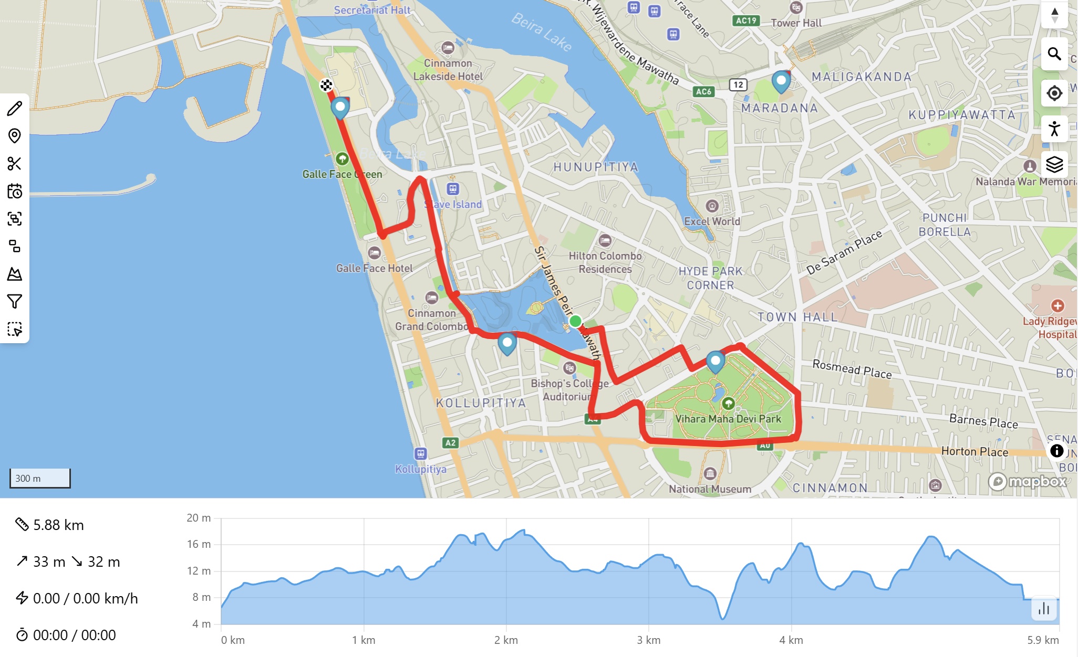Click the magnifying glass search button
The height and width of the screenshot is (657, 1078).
1054,54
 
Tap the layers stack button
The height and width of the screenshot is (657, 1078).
1054,164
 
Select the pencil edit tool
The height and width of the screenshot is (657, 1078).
15,109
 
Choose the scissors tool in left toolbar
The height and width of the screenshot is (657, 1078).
15,164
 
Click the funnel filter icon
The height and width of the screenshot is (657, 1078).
15,301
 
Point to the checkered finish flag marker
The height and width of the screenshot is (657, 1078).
326,85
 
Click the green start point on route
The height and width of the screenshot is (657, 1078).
575,321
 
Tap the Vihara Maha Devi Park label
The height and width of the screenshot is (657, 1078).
728,419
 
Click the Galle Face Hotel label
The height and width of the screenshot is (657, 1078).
375,268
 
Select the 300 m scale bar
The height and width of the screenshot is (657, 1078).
40,478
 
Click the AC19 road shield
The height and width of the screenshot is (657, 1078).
746,20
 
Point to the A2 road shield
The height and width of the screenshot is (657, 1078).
450,442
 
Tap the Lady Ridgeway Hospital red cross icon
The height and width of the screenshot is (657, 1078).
1057,305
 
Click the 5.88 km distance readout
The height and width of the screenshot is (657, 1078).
58,525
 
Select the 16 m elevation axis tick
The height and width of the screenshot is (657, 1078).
199,544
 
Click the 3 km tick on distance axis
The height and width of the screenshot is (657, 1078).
648,640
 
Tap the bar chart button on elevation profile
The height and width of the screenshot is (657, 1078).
1043,609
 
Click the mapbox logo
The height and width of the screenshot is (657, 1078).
1028,481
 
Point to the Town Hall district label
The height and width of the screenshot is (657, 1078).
797,317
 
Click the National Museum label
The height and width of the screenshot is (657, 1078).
710,489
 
